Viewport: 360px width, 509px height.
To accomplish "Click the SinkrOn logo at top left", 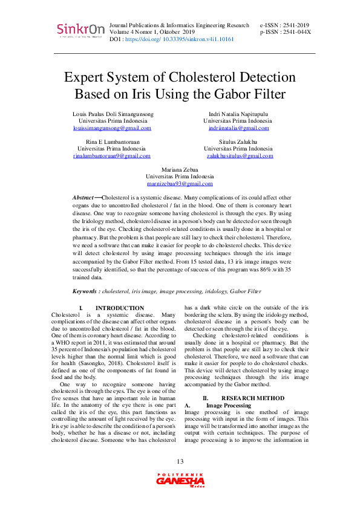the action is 80,30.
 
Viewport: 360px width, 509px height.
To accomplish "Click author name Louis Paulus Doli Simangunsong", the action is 113,114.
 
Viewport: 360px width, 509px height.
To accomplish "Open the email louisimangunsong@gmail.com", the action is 112,128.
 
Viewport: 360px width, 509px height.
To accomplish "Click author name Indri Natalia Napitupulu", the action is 238,114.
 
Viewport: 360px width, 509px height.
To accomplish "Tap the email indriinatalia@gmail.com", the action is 238,128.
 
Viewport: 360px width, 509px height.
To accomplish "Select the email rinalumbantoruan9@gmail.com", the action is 111,156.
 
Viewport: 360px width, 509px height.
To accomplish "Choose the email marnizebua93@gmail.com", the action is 180,183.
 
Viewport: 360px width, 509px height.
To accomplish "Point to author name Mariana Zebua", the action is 180,170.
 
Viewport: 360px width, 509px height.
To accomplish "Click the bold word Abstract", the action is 83,198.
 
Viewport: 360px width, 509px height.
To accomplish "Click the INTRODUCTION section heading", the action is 120,308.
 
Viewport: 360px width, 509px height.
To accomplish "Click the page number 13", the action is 180,462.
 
